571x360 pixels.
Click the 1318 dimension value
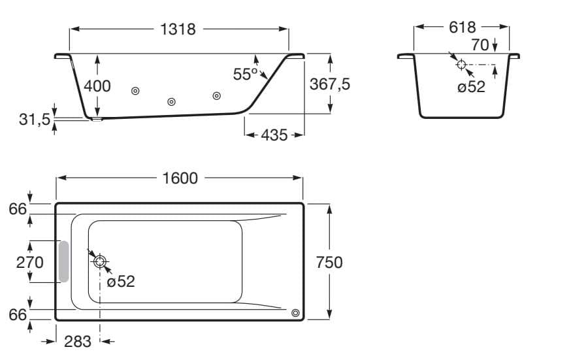click(177, 29)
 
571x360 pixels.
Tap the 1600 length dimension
click(180, 178)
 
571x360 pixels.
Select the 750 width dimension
click(329, 262)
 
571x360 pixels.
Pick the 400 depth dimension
click(97, 86)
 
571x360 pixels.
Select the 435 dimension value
click(274, 135)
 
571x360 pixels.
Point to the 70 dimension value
click(480, 45)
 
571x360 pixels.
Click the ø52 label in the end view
click(471, 87)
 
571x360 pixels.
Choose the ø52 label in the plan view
click(121, 282)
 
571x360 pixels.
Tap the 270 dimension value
click(30, 262)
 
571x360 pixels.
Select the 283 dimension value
click(77, 341)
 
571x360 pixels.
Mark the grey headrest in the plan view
click(63, 261)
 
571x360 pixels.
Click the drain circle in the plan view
click(100, 261)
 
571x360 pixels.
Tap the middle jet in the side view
click(172, 101)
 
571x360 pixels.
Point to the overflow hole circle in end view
click(461, 64)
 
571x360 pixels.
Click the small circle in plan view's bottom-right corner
click(296, 313)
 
